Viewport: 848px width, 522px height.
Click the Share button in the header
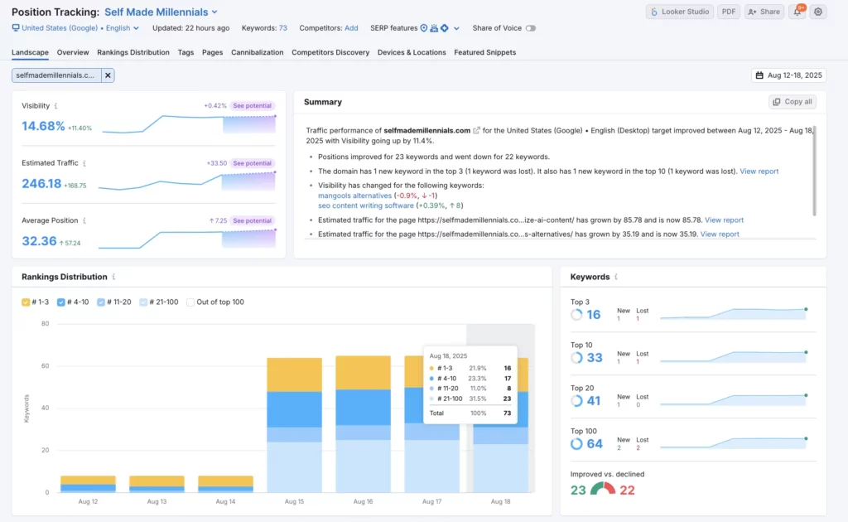pyautogui.click(x=764, y=12)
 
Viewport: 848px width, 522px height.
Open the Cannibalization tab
pyautogui.click(x=258, y=52)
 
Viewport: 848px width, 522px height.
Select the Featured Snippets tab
pyautogui.click(x=484, y=52)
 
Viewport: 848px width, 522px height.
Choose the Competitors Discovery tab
pyautogui.click(x=330, y=52)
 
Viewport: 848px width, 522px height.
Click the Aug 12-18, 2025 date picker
pyautogui.click(x=789, y=75)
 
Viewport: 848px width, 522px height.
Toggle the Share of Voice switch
pyautogui.click(x=530, y=28)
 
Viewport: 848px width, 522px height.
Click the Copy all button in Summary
pyautogui.click(x=793, y=102)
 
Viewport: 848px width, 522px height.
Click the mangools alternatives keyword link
pyautogui.click(x=354, y=196)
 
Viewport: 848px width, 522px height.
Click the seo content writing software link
pyautogui.click(x=366, y=205)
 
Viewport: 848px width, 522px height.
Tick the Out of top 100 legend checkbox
pyautogui.click(x=191, y=302)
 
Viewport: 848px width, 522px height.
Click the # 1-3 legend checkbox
pyautogui.click(x=26, y=302)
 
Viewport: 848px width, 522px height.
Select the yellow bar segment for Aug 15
pyautogui.click(x=294, y=375)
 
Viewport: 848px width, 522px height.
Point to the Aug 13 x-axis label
pyautogui.click(x=157, y=502)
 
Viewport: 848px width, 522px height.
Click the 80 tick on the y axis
pyautogui.click(x=46, y=324)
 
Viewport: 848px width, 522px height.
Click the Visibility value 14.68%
pyautogui.click(x=43, y=127)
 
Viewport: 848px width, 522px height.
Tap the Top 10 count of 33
pyautogui.click(x=595, y=358)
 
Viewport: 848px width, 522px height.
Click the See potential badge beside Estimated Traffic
pyautogui.click(x=252, y=163)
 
